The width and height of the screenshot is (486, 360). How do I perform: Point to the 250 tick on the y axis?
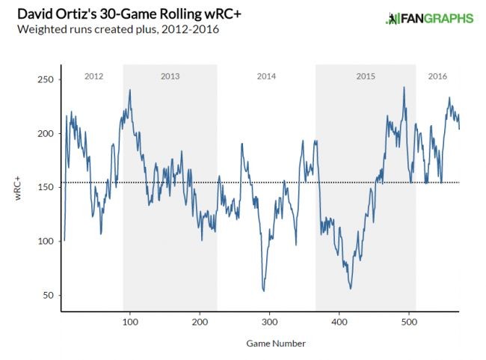click(x=46, y=80)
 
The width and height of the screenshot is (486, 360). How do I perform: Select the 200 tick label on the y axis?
click(x=46, y=134)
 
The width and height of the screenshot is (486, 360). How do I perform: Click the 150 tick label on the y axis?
click(x=46, y=188)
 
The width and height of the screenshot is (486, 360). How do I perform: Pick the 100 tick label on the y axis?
click(x=46, y=242)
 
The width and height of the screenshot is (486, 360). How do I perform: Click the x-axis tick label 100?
click(x=129, y=322)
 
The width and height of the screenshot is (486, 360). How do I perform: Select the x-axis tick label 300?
click(x=268, y=322)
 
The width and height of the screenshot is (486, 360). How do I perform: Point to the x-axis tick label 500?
click(x=407, y=322)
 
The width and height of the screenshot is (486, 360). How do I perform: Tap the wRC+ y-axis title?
click(x=20, y=188)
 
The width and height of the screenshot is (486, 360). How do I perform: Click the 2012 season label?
click(x=94, y=76)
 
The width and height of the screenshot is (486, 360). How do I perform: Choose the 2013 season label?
click(x=170, y=76)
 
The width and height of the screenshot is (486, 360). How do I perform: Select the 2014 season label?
click(x=266, y=76)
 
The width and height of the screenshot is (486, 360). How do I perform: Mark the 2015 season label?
click(x=366, y=76)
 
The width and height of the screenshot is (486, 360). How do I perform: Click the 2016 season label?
click(x=438, y=76)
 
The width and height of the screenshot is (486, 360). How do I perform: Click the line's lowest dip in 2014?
click(x=263, y=290)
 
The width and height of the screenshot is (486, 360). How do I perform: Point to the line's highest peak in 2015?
click(x=404, y=88)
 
